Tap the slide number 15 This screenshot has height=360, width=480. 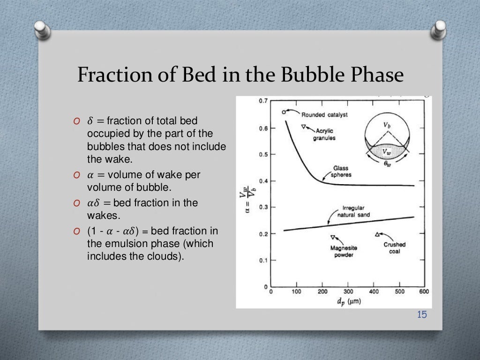tap(422, 315)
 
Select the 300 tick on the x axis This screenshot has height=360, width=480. tap(348, 292)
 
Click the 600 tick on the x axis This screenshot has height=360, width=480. tap(423, 292)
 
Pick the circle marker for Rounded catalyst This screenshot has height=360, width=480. tap(284, 112)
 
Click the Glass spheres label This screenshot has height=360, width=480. tap(341, 172)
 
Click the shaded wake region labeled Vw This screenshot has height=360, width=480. tap(386, 151)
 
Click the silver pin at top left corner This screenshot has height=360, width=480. tap(41, 30)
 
